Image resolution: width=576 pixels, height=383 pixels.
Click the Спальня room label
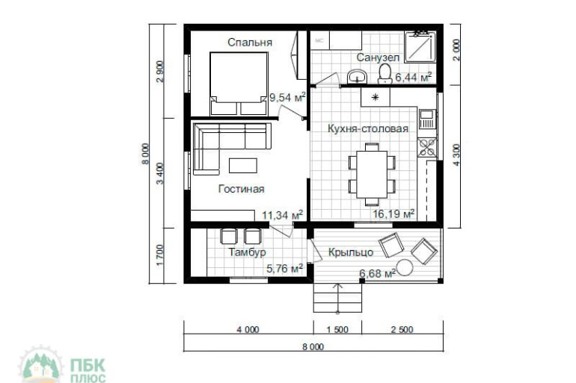(250, 43)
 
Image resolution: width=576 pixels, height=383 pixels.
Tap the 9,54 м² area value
(287, 98)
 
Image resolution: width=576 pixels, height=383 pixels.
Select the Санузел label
(378, 57)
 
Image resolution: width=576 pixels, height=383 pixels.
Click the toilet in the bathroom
(385, 74)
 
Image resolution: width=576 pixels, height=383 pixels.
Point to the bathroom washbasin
(357, 77)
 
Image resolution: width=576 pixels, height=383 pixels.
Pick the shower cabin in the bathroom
(420, 46)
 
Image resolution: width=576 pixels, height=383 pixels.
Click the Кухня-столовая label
(368, 128)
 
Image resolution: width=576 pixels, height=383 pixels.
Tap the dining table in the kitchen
(372, 175)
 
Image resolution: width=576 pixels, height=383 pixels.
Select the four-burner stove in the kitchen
(427, 146)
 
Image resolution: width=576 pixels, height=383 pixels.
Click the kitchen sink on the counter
(426, 119)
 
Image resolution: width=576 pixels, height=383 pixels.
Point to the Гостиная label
(242, 189)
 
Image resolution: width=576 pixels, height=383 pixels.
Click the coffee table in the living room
(243, 165)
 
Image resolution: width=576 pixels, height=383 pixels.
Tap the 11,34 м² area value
(282, 215)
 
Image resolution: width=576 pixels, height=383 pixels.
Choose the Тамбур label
(247, 252)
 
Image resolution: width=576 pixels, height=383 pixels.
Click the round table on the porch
(405, 267)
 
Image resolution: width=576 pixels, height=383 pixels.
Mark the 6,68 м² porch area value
(377, 273)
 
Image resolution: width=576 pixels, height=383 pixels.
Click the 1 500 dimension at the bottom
(337, 329)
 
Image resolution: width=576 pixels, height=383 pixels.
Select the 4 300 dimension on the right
(456, 155)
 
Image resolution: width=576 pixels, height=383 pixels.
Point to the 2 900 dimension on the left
(161, 72)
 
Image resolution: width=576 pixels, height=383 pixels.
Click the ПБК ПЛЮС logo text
(88, 370)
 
